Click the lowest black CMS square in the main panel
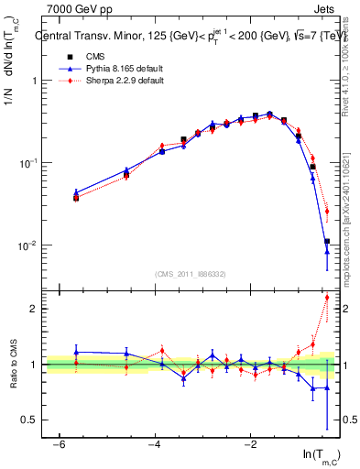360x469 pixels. point(327,242)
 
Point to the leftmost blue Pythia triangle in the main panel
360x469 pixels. point(76,193)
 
